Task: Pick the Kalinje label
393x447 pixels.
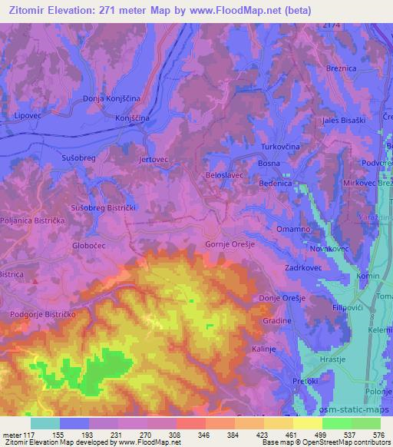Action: pyautogui.click(x=263, y=348)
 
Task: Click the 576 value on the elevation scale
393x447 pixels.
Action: pyautogui.click(x=379, y=434)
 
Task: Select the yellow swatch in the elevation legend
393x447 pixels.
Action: pyautogui.click(x=308, y=423)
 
